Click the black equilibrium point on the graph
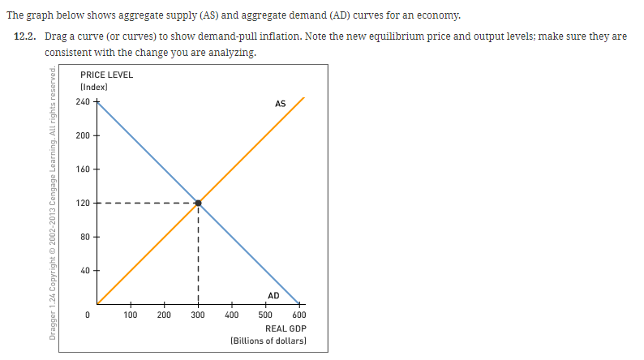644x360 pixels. pos(198,203)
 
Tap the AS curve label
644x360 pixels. pos(280,103)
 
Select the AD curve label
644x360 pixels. pos(273,296)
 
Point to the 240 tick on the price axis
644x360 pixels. pos(83,101)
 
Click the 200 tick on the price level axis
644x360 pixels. pos(83,135)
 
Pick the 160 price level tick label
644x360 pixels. pos(83,169)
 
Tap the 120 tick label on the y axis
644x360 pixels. pos(83,203)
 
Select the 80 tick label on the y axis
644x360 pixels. pos(85,237)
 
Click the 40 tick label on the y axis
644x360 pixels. pos(85,271)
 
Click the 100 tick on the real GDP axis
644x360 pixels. pos(130,315)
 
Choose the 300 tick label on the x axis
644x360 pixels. pos(198,315)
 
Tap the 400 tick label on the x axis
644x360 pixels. pos(232,315)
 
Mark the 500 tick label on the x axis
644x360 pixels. pos(265,315)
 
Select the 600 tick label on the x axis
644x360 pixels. pos(299,315)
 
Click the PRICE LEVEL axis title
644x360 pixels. pos(107,75)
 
